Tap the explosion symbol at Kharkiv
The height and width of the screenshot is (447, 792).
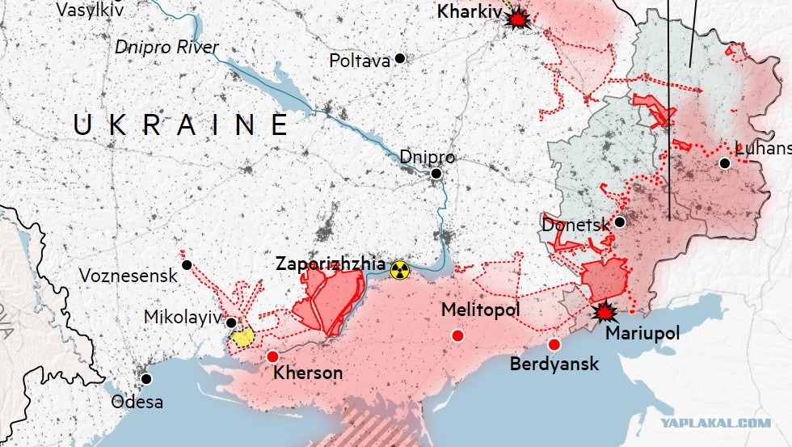tap(516, 18)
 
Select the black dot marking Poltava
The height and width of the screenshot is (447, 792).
tap(399, 59)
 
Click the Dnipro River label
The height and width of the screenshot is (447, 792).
tap(166, 48)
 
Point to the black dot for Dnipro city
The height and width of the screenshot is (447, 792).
tap(436, 174)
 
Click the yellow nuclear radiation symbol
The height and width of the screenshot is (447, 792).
tap(399, 270)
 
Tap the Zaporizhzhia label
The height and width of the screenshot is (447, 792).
tap(330, 264)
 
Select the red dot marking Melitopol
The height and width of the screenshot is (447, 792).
tap(458, 335)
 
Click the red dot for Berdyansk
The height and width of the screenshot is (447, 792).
tap(554, 344)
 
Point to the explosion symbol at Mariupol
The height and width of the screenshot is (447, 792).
tap(602, 310)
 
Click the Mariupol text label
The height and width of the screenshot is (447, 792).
tap(642, 333)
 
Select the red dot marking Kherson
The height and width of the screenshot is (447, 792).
tap(272, 356)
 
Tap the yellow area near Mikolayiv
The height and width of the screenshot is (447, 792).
tap(242, 336)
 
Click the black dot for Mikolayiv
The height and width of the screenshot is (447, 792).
tap(231, 323)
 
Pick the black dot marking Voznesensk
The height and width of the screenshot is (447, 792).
tap(187, 265)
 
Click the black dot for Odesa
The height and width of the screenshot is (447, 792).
tap(146, 378)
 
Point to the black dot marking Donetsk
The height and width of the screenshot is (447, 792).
tap(619, 221)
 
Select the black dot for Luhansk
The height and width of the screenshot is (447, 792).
tap(725, 163)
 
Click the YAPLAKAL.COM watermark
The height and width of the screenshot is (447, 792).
tap(714, 423)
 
